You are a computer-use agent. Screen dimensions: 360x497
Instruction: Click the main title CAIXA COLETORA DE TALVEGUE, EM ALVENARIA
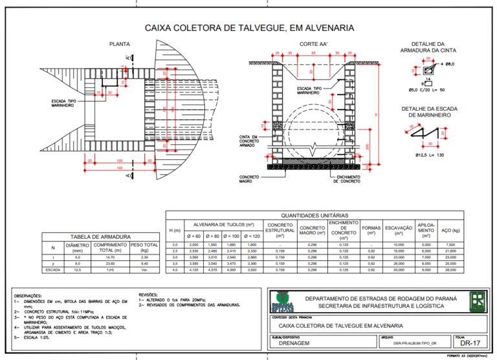(248, 28)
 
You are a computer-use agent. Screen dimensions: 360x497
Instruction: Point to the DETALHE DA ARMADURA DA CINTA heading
(428, 47)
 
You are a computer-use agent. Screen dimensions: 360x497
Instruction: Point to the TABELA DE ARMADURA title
(100, 237)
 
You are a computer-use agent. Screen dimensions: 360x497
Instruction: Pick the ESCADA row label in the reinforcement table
(53, 270)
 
